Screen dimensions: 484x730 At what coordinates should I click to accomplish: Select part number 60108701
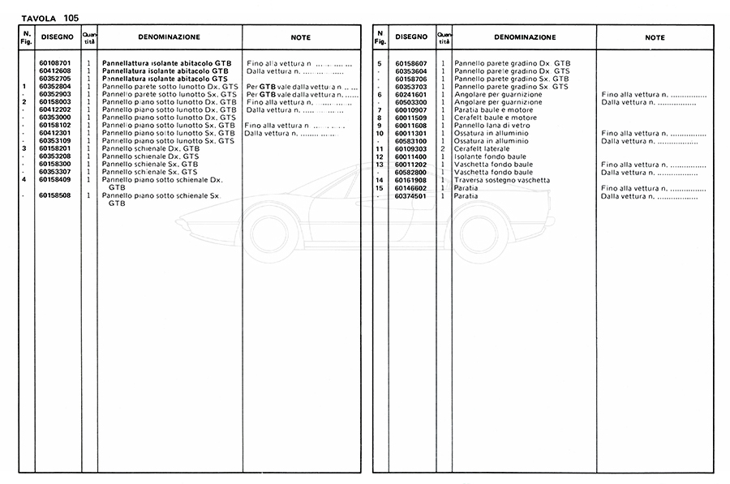coord(54,63)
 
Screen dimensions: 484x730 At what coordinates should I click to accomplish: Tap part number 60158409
coord(54,179)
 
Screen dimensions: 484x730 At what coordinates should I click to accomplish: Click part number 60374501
coord(412,195)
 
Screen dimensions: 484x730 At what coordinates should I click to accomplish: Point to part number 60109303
coord(412,148)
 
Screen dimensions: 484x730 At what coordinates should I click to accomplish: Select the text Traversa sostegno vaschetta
coord(502,180)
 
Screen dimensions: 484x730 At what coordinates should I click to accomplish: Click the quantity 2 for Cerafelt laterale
coord(443,148)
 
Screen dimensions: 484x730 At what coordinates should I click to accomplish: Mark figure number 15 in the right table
coord(379,188)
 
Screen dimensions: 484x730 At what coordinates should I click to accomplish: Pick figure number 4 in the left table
coord(25,179)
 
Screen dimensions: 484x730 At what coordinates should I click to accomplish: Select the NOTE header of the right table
coord(655,37)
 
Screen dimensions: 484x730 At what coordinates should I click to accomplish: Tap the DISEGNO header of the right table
coord(412,37)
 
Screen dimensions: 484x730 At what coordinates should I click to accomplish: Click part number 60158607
coord(412,63)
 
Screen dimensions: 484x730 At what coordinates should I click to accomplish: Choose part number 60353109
coord(54,141)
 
